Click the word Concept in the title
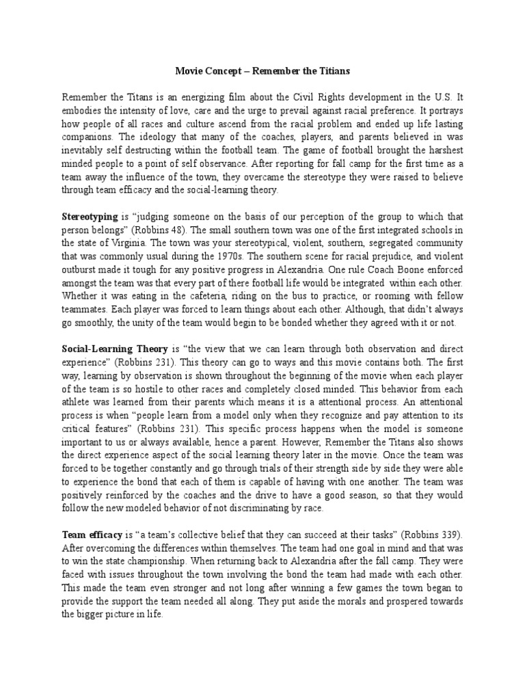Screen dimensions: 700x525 pos(226,70)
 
